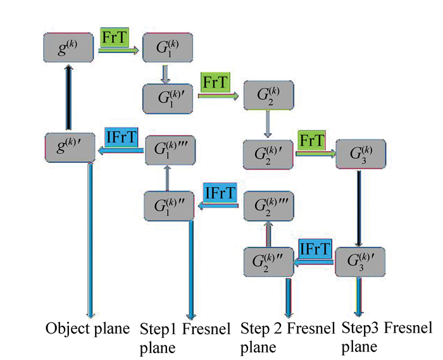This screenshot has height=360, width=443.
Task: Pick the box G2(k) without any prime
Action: click(268, 96)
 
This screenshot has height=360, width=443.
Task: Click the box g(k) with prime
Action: click(69, 149)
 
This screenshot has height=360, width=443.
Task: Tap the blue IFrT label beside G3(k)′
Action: click(316, 249)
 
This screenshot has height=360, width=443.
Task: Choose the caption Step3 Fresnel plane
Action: click(386, 337)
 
